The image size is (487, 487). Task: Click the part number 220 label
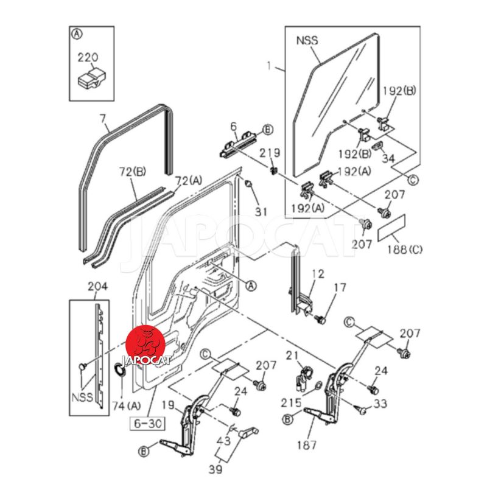point(87,58)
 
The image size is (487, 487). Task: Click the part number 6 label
point(233,127)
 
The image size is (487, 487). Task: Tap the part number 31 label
point(261,211)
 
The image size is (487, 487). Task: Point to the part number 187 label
point(306,444)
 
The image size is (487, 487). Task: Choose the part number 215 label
point(291,402)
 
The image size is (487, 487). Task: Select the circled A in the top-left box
point(77,34)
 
